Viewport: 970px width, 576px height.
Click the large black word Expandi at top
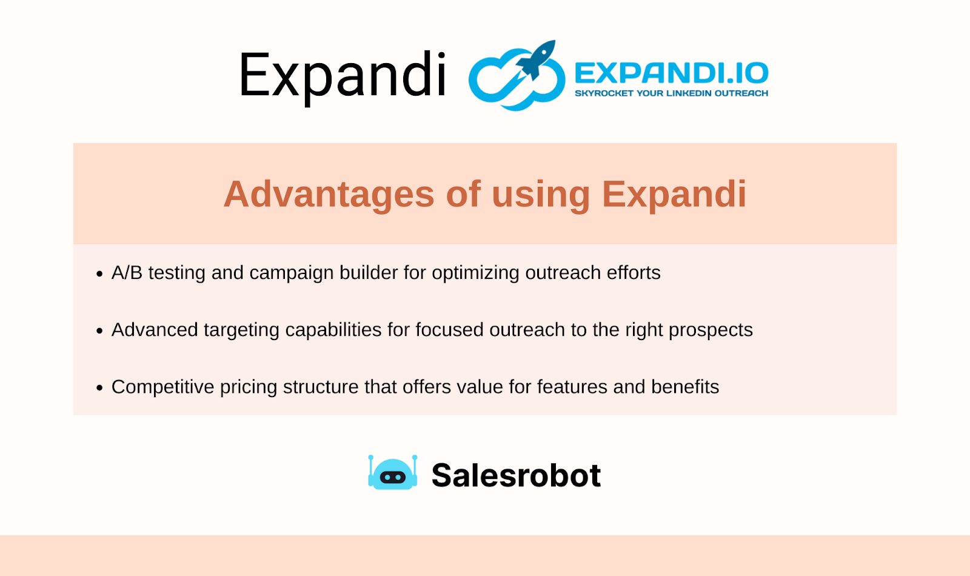click(x=343, y=75)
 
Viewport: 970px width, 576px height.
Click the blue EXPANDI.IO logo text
click(x=671, y=73)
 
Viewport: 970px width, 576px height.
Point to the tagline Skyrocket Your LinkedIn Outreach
click(x=671, y=93)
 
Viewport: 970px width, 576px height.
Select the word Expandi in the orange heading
click(x=674, y=194)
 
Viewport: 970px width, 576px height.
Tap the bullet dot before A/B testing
click(x=99, y=275)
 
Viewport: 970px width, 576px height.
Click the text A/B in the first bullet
click(x=127, y=273)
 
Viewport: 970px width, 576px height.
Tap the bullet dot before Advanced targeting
click(x=99, y=331)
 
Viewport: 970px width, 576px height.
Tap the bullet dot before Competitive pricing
click(x=99, y=388)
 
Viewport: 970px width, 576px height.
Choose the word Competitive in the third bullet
click(x=162, y=387)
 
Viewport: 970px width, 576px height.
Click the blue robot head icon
click(x=393, y=474)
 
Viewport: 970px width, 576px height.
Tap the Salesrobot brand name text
click(x=516, y=475)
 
